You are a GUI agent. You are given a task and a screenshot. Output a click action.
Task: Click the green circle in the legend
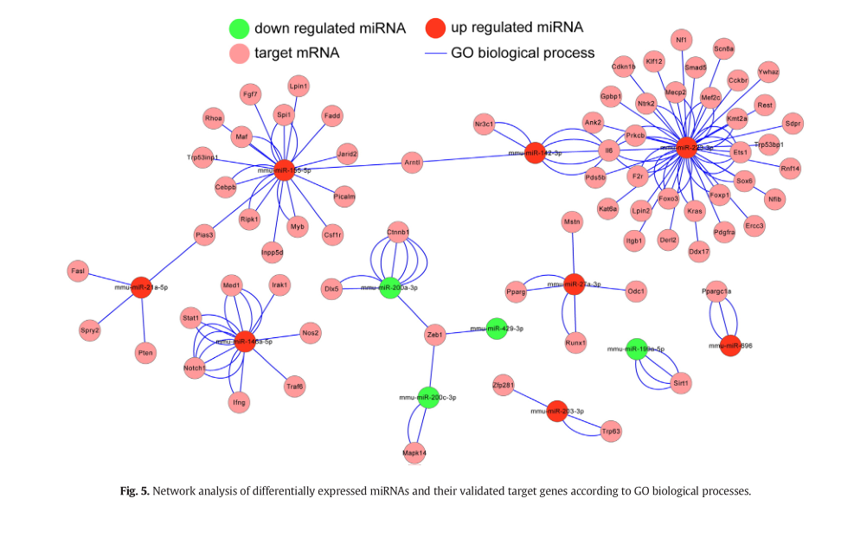tap(239, 29)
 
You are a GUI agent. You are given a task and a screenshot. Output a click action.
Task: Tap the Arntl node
tap(412, 162)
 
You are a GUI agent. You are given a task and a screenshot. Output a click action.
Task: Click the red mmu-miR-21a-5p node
tap(141, 288)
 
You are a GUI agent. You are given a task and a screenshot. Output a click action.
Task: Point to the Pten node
tap(145, 352)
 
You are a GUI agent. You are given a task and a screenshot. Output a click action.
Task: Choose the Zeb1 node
tap(435, 335)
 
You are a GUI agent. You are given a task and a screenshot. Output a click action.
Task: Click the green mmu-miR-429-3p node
tap(497, 329)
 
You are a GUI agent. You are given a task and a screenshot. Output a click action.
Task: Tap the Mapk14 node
tap(414, 452)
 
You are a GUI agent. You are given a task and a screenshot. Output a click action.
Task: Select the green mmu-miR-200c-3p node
tap(427, 398)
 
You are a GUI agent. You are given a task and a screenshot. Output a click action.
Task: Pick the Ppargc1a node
tap(716, 292)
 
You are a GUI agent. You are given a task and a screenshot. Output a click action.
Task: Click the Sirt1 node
tap(681, 382)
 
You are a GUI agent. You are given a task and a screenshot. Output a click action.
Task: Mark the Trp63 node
tap(611, 430)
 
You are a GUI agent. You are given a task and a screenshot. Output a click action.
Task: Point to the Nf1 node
tap(682, 39)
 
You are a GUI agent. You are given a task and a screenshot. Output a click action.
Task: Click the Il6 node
tap(609, 151)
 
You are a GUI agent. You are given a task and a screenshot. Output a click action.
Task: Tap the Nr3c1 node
tap(484, 125)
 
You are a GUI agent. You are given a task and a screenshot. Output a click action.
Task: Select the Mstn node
tap(572, 222)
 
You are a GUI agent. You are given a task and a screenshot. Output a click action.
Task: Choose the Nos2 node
tap(311, 333)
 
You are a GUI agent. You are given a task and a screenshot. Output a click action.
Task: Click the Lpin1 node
tap(299, 86)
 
